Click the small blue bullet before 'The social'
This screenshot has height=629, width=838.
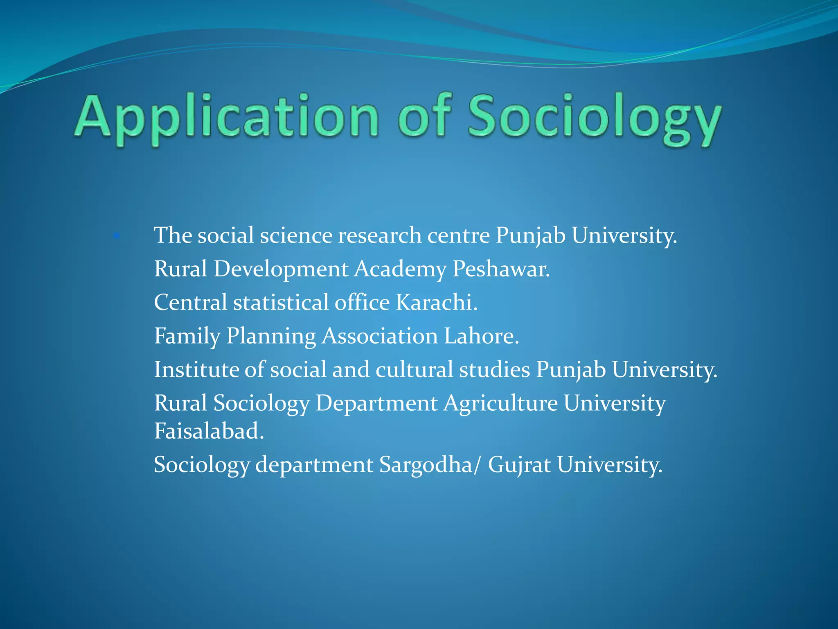(117, 236)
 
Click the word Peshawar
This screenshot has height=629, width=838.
(501, 269)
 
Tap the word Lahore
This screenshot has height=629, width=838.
(481, 336)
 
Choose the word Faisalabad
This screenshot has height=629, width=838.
(209, 431)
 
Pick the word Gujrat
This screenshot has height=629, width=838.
(519, 465)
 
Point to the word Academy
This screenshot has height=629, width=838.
(400, 270)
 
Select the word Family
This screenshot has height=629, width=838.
(187, 336)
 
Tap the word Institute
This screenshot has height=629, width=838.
(196, 369)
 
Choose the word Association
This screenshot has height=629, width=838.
(380, 336)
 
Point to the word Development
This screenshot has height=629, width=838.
(281, 270)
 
